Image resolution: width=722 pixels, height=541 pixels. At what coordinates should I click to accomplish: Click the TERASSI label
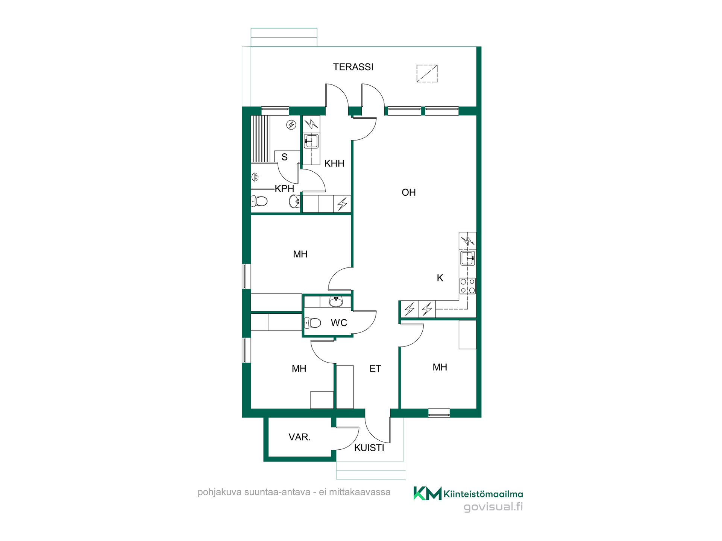tap(353, 67)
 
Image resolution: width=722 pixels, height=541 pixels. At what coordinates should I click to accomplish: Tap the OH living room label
tap(409, 192)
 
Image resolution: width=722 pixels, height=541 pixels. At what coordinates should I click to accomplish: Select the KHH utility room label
tap(334, 163)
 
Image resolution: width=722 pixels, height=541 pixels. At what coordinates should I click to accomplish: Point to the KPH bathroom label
tap(284, 189)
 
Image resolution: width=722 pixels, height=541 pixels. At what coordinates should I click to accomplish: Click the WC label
tap(339, 323)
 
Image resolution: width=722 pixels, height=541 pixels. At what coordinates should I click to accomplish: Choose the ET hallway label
tap(375, 369)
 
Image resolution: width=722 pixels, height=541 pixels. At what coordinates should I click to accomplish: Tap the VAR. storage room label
tap(300, 437)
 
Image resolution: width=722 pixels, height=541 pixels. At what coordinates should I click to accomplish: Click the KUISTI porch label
tap(369, 448)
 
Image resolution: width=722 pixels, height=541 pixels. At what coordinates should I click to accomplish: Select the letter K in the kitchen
tap(440, 278)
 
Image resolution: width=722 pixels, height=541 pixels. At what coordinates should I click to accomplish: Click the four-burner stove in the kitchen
tap(468, 286)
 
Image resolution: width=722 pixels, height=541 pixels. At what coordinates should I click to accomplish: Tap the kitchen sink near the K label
tap(468, 258)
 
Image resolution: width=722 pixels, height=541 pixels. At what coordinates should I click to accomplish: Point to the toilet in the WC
tap(312, 323)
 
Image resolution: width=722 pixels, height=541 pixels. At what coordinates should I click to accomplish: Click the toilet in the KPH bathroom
tap(259, 201)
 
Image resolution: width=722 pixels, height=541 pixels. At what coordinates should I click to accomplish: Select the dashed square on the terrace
tap(427, 74)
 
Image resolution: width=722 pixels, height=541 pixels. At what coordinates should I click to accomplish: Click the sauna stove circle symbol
tap(291, 125)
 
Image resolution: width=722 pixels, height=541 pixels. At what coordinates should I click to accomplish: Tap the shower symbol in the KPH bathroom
tap(255, 177)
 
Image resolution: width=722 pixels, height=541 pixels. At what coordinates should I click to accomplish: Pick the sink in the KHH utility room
tap(311, 142)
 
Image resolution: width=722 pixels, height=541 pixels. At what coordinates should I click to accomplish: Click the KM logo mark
tap(428, 493)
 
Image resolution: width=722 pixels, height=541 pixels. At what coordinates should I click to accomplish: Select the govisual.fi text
tap(493, 507)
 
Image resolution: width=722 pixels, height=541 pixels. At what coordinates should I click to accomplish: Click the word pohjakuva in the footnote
tap(220, 493)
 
